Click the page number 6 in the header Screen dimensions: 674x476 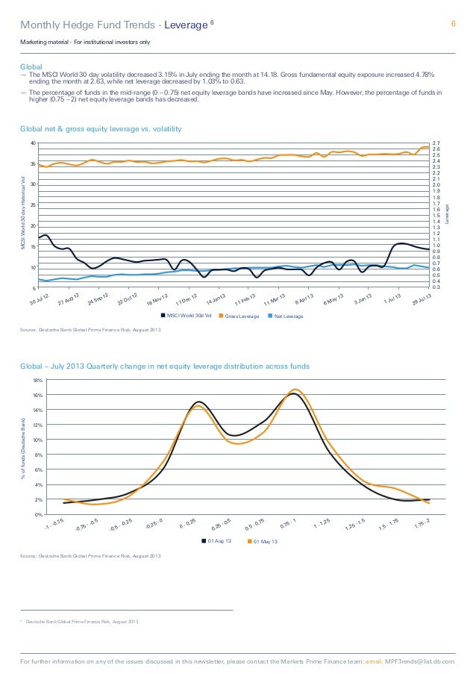click(x=452, y=24)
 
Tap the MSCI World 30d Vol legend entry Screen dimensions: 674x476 click(x=187, y=316)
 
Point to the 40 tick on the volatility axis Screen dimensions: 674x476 click(x=33, y=143)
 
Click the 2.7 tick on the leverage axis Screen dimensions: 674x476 click(x=436, y=142)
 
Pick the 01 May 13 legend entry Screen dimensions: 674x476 click(x=262, y=540)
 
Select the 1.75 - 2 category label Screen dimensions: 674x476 click(x=423, y=526)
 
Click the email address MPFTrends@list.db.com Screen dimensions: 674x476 click(x=422, y=661)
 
